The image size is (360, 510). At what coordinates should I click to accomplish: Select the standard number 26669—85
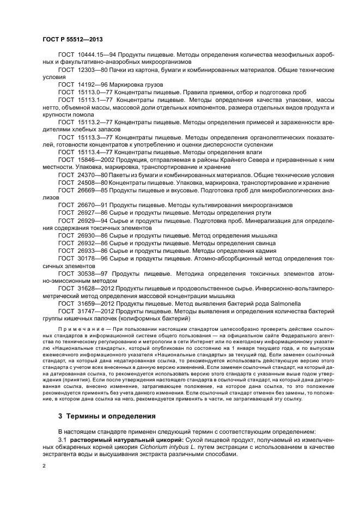coord(90,190)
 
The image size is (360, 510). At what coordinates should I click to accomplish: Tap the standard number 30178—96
coord(90,257)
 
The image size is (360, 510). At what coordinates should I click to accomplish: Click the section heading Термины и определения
coord(113,416)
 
